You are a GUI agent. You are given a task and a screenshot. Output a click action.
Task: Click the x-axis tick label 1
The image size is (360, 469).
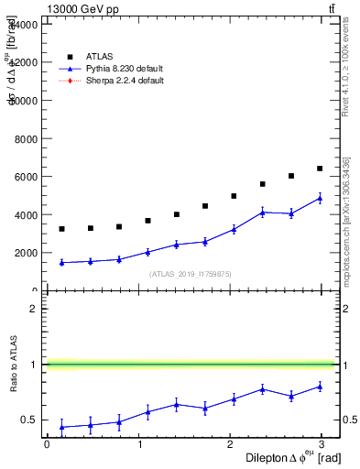(x=139, y=444)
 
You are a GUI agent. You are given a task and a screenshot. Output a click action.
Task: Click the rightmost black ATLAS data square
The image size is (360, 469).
(x=320, y=169)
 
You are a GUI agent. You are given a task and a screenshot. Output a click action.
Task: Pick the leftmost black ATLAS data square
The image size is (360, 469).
(x=61, y=229)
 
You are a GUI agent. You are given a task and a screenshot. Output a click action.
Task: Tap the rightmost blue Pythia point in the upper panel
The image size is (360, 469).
(x=320, y=198)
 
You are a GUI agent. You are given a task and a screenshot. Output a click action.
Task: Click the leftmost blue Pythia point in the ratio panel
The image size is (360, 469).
(x=61, y=427)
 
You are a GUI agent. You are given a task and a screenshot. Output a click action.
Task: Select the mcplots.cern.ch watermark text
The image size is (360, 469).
(x=347, y=220)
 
